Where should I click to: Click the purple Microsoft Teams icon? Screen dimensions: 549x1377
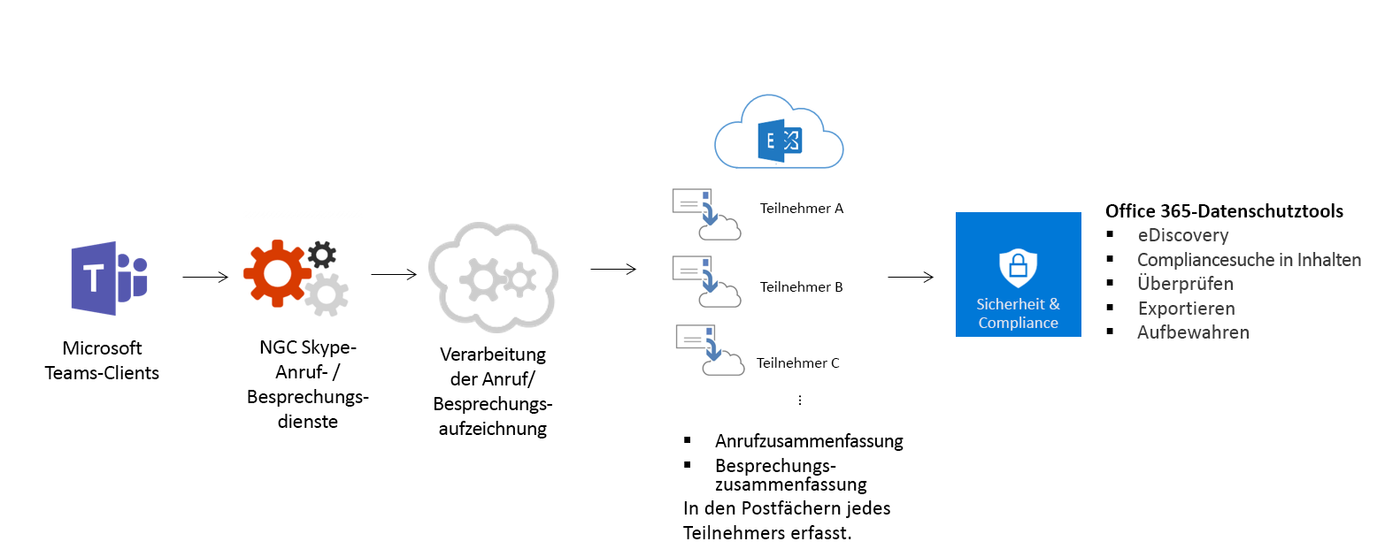(x=109, y=278)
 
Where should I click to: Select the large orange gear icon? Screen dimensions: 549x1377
(x=277, y=273)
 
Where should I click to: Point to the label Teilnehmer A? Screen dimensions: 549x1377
(x=801, y=209)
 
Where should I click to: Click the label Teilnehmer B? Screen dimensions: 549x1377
(x=801, y=287)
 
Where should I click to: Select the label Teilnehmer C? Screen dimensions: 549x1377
(x=797, y=362)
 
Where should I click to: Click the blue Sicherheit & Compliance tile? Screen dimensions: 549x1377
(x=1018, y=274)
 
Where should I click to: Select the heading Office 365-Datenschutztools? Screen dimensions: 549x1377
(x=1224, y=211)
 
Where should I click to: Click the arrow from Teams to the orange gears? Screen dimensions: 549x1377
(x=205, y=277)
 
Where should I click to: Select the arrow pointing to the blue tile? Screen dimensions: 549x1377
(x=911, y=277)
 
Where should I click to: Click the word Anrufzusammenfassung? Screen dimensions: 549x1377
(x=809, y=441)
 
